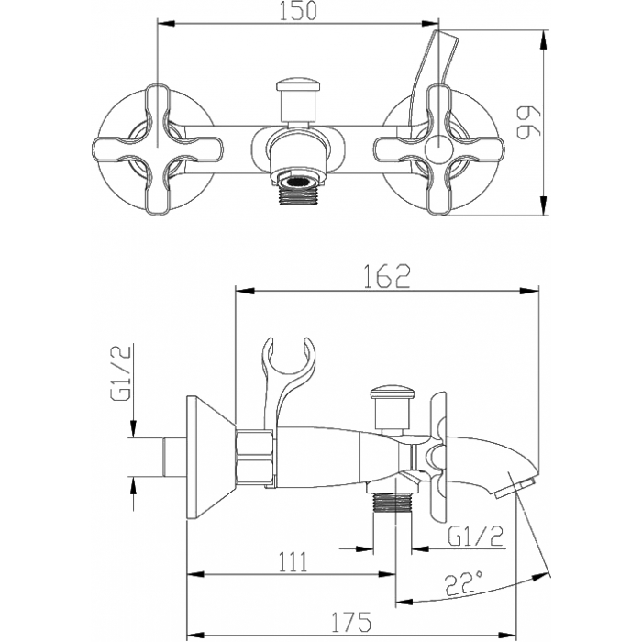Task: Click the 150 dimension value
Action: click(x=298, y=11)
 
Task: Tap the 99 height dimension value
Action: click(x=529, y=123)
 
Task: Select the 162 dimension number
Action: click(x=387, y=276)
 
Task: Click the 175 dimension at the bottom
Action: click(x=351, y=622)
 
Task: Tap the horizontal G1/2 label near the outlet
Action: click(x=476, y=536)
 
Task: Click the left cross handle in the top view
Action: click(x=158, y=149)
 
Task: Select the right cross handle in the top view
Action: click(x=438, y=149)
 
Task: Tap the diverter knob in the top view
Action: click(x=298, y=100)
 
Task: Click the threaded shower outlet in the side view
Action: click(x=393, y=503)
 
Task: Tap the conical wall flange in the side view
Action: click(x=211, y=457)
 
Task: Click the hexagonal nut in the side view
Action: click(x=254, y=457)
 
